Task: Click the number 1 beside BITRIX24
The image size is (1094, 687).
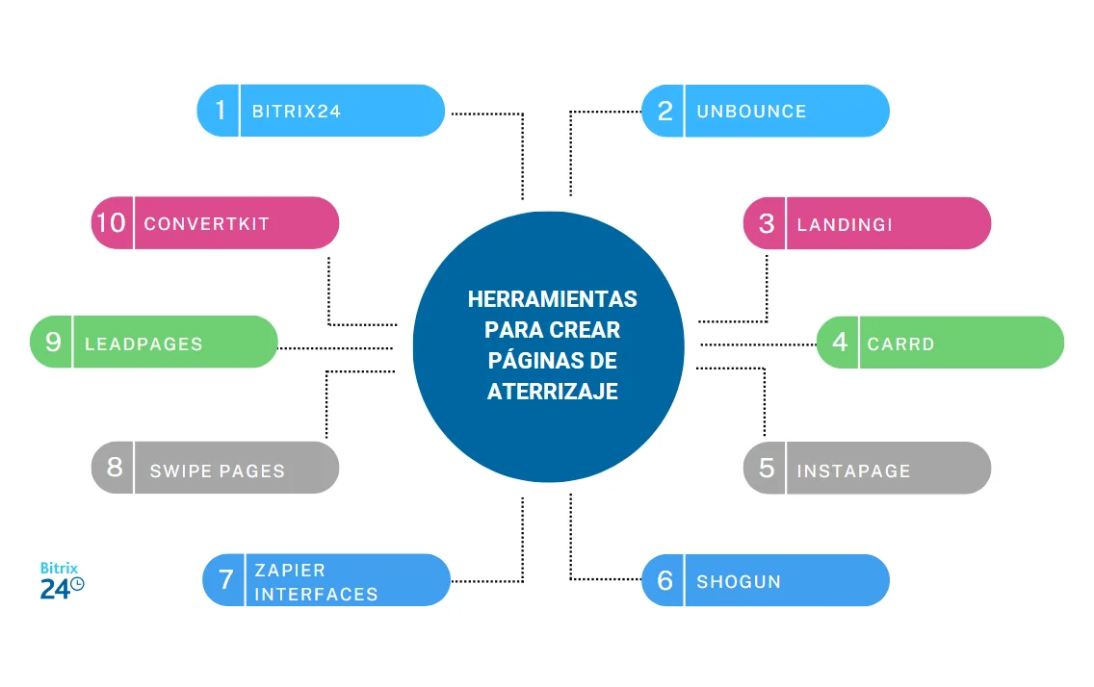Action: click(x=220, y=111)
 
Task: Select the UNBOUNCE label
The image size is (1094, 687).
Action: click(x=751, y=112)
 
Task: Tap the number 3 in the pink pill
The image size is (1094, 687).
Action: click(x=766, y=223)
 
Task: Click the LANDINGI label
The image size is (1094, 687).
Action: click(x=845, y=224)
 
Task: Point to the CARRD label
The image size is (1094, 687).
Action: click(x=900, y=343)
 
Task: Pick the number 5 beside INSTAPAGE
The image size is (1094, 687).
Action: click(x=766, y=468)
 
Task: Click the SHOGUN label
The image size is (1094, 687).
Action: click(x=739, y=581)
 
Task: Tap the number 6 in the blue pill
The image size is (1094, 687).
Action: click(x=664, y=580)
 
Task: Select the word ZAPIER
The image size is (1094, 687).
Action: click(x=290, y=570)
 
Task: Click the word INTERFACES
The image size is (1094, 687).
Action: click(x=316, y=594)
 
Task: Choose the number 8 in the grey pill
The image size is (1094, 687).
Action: click(x=115, y=468)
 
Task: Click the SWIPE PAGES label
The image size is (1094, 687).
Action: click(x=218, y=471)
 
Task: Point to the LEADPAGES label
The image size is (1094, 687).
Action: click(x=143, y=343)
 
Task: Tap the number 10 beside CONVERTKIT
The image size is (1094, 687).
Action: click(x=111, y=223)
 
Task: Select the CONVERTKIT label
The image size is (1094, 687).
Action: click(x=206, y=224)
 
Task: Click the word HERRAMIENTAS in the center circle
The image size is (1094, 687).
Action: click(x=552, y=299)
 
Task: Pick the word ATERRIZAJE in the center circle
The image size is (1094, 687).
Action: click(x=552, y=392)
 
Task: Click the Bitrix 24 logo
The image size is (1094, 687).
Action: click(x=62, y=581)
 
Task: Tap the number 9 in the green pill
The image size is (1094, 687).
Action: click(x=53, y=342)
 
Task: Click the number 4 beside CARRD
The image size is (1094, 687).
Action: click(x=840, y=342)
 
